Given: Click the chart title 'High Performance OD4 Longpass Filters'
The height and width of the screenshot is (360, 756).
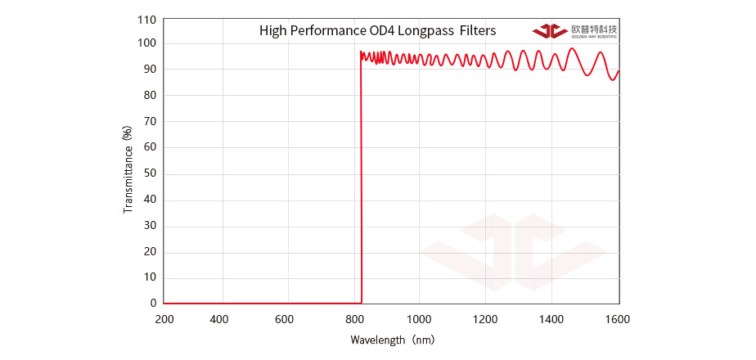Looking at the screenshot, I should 377,31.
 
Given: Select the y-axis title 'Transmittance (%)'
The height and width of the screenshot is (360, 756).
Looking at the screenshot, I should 128,169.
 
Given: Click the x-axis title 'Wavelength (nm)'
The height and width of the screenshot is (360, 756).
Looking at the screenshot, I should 391,339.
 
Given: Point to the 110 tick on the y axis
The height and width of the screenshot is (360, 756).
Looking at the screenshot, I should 147,18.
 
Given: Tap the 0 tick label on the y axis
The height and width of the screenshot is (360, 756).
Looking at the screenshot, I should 153,303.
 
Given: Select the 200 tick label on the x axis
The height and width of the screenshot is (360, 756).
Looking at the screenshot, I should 164,319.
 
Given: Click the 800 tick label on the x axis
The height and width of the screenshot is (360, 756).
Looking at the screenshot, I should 354,319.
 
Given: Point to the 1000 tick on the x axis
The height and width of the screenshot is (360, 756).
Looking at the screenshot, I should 420,319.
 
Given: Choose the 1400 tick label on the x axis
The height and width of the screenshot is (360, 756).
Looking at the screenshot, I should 552,319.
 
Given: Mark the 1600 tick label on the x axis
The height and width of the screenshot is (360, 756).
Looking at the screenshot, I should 619,319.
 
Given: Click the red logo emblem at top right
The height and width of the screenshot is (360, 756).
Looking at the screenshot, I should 549,31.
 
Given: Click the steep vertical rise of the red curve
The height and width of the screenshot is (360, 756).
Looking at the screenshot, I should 361,180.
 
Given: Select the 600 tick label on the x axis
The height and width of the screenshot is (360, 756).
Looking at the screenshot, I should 284,319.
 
